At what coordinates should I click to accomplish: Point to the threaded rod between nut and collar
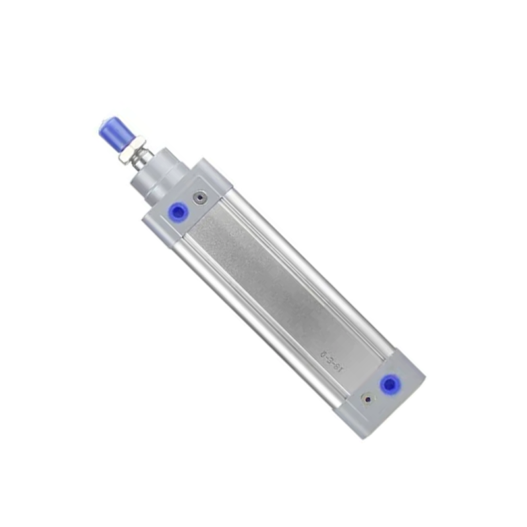click(x=140, y=161)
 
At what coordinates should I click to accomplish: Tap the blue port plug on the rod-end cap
click(x=177, y=211)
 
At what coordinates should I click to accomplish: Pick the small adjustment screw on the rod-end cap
click(x=200, y=196)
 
